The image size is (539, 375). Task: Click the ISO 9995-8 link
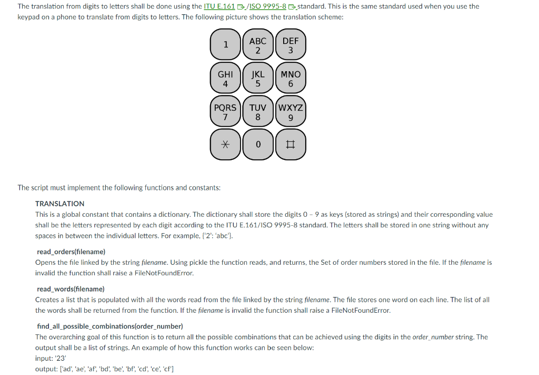coord(268,6)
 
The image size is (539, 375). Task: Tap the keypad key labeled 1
coord(225,45)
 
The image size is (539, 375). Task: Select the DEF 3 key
coord(290,45)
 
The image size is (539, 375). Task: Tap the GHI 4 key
coord(225,78)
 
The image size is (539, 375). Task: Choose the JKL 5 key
coord(258,78)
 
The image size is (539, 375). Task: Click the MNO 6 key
coord(290,78)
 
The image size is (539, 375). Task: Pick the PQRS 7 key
coord(225,111)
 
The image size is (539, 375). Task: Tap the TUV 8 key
coord(258,111)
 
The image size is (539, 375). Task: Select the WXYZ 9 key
coord(290,111)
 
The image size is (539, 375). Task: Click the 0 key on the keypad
coord(258,144)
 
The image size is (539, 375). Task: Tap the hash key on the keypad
coord(290,144)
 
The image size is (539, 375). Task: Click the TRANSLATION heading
coord(59,204)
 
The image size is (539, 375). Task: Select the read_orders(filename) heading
coord(71,252)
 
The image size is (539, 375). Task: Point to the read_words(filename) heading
coord(71,289)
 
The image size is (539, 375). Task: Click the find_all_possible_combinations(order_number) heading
coord(110,326)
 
